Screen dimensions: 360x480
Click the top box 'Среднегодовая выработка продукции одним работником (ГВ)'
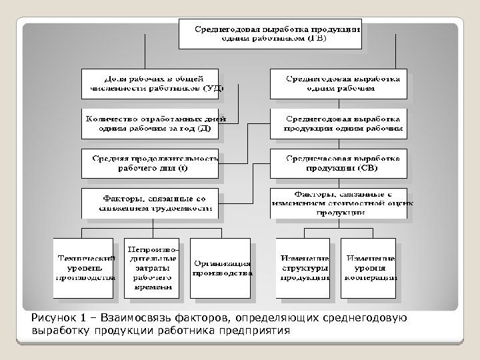[270, 33]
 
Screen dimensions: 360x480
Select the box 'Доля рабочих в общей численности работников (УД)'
[153, 82]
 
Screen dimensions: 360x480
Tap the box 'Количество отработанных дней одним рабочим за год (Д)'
[153, 123]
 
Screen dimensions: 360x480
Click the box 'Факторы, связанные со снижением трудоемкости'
[149, 203]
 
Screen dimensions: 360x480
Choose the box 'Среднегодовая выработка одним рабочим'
[341, 82]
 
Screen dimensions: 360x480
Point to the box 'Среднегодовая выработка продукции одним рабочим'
[341, 123]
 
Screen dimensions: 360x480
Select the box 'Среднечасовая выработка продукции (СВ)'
[341, 163]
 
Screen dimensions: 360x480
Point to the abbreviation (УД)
[212, 87]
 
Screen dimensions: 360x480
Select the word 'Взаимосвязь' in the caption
[142, 317]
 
